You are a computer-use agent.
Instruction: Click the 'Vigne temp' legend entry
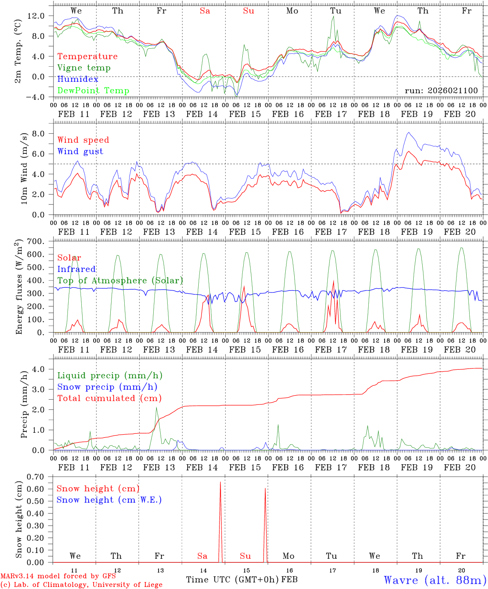(x=84, y=68)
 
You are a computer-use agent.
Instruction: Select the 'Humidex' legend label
(x=78, y=79)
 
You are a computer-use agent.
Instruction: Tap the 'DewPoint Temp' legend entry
(x=93, y=91)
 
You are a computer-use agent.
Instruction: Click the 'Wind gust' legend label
(x=80, y=151)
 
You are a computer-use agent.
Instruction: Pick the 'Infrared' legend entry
(x=76, y=269)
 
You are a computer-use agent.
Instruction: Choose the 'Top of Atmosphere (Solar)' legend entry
(x=120, y=281)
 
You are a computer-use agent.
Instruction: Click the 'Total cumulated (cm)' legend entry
(x=109, y=398)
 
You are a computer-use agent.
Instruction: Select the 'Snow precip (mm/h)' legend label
(x=107, y=387)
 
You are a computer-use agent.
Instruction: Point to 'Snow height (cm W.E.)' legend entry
(x=109, y=500)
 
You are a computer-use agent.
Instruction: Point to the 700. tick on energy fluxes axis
(x=35, y=242)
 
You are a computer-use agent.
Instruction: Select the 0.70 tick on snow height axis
(x=35, y=477)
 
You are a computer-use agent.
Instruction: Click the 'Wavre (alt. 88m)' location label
(x=435, y=580)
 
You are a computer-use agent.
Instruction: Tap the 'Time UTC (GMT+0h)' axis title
(x=233, y=580)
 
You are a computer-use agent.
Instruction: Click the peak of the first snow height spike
(x=220, y=482)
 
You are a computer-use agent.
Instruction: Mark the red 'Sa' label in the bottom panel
(x=202, y=556)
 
